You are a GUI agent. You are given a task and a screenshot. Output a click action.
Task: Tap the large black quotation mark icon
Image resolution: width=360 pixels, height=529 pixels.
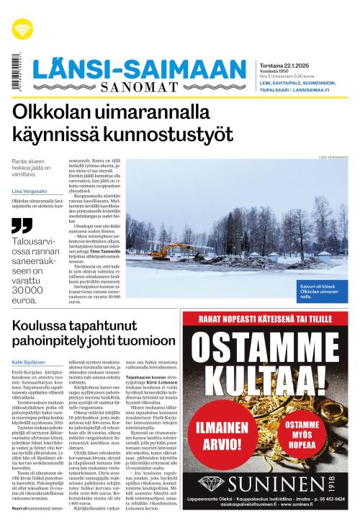coord(23,225)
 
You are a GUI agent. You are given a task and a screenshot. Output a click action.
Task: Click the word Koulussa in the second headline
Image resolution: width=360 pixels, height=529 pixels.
coord(44,326)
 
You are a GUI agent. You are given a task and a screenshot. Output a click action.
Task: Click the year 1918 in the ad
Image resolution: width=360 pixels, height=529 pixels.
coord(333,481)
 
